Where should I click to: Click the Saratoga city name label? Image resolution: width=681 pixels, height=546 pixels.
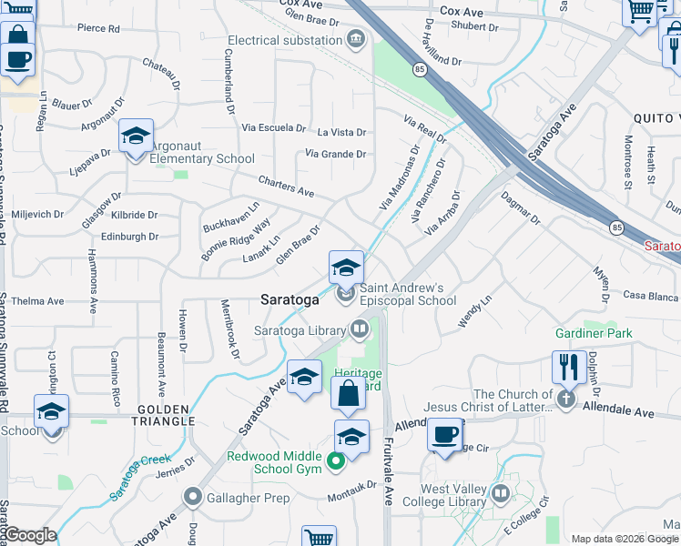coord(290,298)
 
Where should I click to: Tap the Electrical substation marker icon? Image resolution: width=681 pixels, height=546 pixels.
coord(355,38)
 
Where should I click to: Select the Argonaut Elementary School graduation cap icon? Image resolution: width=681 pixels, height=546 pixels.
coord(136,136)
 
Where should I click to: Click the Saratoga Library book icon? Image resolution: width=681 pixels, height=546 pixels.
coord(360,329)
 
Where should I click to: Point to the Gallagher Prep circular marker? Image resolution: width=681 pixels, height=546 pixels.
coord(192,497)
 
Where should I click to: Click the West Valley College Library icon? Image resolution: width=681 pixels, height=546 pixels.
coord(501,494)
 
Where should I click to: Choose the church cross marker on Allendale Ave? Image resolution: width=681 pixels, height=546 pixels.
coord(566,399)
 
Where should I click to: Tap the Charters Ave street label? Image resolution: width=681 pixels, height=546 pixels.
coord(286,186)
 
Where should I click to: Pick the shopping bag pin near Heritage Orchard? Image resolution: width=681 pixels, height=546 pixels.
coord(348,395)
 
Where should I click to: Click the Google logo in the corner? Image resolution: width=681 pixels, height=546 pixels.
coord(30,535)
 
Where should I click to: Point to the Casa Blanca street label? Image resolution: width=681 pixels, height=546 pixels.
coord(651,296)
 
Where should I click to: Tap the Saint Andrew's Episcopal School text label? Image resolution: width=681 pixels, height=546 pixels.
coord(407,293)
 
